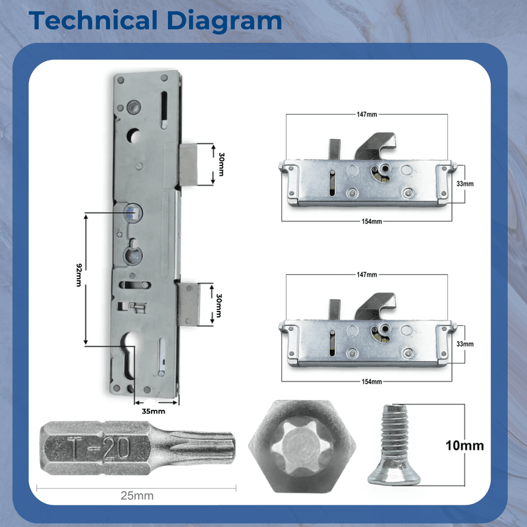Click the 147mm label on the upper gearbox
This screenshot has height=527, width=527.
[x=367, y=115]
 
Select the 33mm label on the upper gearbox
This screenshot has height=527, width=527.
[x=465, y=184]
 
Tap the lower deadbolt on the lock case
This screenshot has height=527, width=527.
[x=190, y=304]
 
